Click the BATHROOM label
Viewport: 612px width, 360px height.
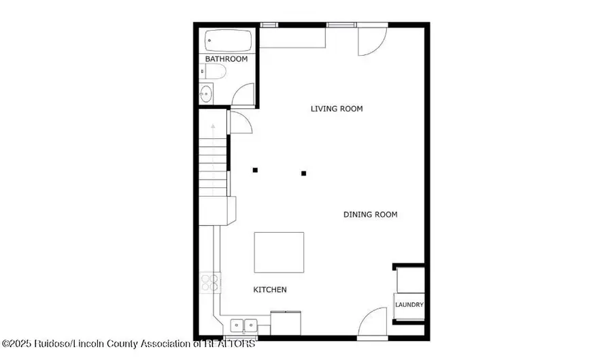click(226, 59)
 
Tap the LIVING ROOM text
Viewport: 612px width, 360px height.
click(337, 108)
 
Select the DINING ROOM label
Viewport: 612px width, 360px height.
click(370, 214)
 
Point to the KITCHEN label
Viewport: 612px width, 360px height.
click(270, 289)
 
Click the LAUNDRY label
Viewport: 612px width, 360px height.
click(409, 304)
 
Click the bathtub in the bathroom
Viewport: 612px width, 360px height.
click(228, 41)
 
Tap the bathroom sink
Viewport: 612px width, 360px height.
click(207, 93)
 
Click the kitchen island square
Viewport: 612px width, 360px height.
click(279, 252)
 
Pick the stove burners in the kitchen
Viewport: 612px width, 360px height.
click(210, 282)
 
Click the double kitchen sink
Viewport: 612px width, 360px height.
click(243, 325)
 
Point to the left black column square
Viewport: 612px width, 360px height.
click(255, 170)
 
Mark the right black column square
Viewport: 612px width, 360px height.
click(304, 174)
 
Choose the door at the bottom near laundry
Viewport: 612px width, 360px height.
click(373, 323)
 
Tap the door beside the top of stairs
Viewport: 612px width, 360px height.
click(241, 122)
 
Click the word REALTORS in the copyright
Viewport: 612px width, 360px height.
click(228, 344)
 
